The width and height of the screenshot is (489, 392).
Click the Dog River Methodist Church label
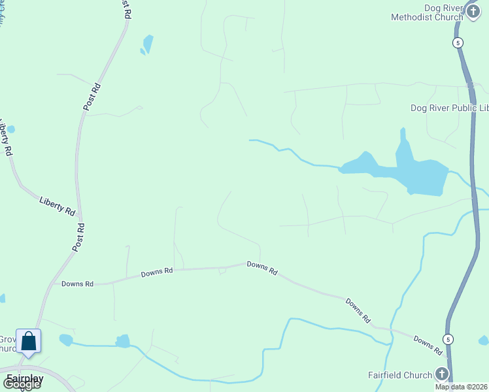[x=426, y=12]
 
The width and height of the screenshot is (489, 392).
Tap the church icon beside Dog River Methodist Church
[x=474, y=11]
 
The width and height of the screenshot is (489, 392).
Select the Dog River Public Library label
[x=448, y=108]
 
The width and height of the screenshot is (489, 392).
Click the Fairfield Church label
[x=400, y=375]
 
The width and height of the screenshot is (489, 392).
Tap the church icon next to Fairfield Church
[x=442, y=374]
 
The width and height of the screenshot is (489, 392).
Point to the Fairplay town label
[x=25, y=379]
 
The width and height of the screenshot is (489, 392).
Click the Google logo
[x=22, y=384]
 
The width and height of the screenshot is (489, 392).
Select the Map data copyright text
[x=462, y=387]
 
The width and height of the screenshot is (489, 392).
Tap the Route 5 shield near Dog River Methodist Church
[x=458, y=42]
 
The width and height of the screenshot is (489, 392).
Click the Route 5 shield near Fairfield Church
[x=448, y=339]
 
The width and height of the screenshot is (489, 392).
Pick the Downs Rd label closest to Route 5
[x=428, y=346]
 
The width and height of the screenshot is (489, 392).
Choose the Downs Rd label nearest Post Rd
[x=78, y=284]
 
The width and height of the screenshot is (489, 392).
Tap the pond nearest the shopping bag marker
[x=65, y=340]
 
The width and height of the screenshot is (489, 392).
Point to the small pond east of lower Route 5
[x=484, y=340]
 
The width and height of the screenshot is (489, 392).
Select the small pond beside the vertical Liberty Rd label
[x=10, y=129]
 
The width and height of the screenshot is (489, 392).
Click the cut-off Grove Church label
[x=7, y=344]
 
